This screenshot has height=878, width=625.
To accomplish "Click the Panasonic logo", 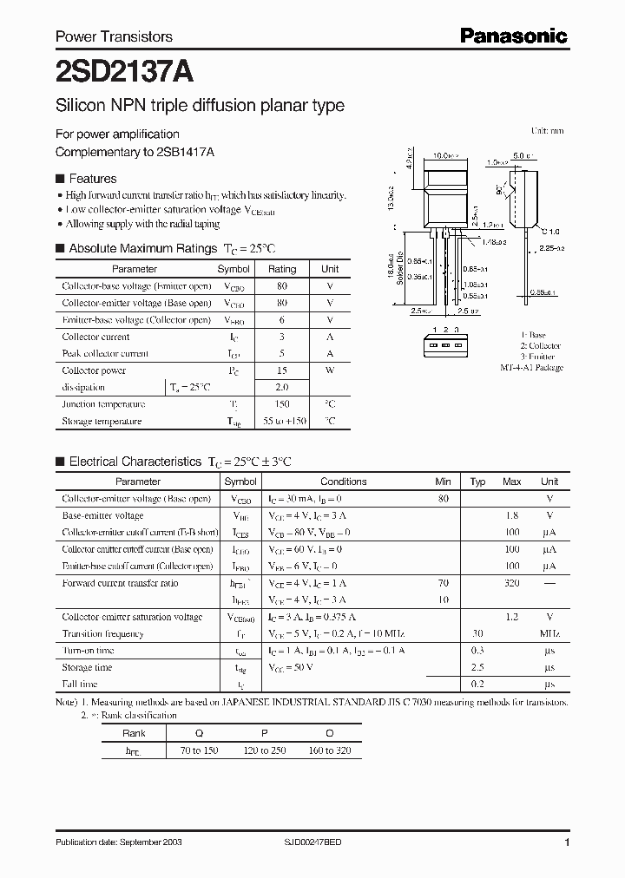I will (x=512, y=36).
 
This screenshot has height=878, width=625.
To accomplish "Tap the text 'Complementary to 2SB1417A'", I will (x=135, y=151).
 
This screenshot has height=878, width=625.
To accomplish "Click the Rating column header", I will (x=282, y=269).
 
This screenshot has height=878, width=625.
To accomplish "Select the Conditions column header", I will (x=343, y=482).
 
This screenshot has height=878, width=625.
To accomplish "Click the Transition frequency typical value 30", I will (x=477, y=633).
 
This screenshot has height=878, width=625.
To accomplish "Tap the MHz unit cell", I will (x=549, y=633).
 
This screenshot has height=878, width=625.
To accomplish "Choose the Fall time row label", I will (x=81, y=685).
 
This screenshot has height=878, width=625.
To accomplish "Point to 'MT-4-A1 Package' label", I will (x=531, y=368).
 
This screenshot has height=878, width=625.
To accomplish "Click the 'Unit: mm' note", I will (x=547, y=131).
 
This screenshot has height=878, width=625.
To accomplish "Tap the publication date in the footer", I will (x=119, y=842).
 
